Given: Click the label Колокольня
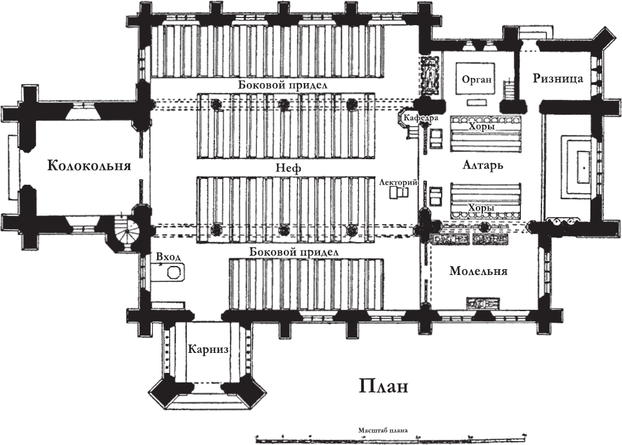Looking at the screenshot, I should (89, 166).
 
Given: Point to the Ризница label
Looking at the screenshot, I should (558, 79).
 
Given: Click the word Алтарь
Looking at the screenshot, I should (482, 165).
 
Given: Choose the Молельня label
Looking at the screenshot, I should (478, 271).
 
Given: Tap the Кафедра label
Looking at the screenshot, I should (421, 118).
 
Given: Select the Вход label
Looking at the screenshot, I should (169, 257).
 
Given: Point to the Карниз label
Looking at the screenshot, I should (209, 350).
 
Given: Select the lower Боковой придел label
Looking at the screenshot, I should (294, 252).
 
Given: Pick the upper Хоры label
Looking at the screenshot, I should (482, 128).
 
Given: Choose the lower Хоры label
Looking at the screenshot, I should (482, 209).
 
